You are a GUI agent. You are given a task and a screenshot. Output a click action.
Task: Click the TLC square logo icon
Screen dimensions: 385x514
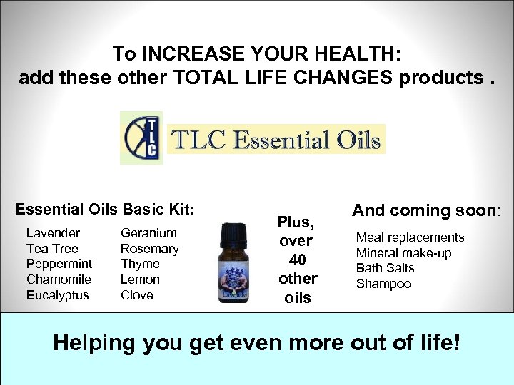[x=141, y=138]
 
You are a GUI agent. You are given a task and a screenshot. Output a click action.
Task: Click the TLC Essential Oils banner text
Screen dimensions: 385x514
[x=276, y=140]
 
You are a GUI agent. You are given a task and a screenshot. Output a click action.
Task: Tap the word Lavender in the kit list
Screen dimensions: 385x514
[x=53, y=233]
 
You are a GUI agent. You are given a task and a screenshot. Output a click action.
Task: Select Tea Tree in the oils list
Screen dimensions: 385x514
[x=53, y=249]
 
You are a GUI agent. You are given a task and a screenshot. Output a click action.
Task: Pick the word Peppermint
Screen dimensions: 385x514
[x=59, y=264]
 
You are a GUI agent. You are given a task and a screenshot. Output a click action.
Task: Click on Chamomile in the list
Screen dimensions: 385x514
[x=59, y=279]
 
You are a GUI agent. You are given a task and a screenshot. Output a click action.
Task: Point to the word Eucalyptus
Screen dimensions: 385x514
[x=58, y=295]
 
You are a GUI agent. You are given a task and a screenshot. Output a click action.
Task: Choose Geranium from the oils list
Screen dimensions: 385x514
[x=148, y=233]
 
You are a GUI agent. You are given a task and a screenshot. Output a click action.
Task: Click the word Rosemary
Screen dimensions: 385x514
[x=150, y=249]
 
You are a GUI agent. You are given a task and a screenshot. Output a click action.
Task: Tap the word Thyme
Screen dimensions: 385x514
[x=140, y=264]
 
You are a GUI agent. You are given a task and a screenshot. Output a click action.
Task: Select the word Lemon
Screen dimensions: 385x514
[x=140, y=279]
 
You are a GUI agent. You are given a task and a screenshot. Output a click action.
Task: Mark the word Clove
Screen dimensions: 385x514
[x=137, y=295]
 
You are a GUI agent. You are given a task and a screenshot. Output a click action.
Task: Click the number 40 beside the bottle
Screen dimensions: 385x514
[x=298, y=260]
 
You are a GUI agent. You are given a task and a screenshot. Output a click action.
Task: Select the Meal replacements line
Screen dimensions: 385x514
[x=410, y=237]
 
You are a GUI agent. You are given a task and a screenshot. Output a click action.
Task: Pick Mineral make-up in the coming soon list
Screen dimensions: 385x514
[x=403, y=253]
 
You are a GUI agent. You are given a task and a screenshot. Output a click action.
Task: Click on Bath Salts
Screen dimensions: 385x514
[x=385, y=268]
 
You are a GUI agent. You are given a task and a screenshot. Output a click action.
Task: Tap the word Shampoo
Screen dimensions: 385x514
[x=383, y=284]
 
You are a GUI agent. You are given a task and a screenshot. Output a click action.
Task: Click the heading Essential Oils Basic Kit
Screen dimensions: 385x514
[x=104, y=210]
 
